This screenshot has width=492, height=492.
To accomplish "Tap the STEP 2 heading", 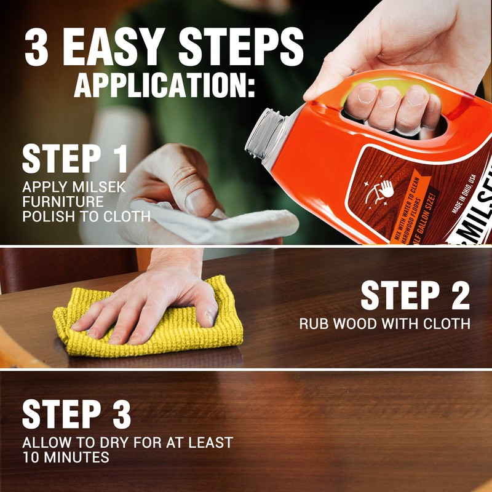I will (415, 295).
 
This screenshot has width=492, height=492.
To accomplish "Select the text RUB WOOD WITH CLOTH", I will (385, 323).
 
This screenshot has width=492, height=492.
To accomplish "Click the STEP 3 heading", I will (76, 414).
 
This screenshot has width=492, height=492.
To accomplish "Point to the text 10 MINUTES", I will (66, 457).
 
